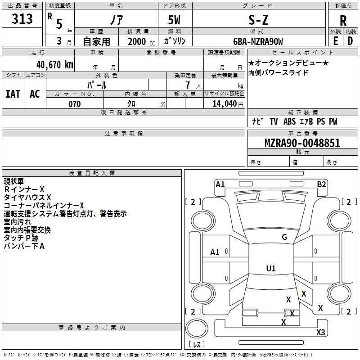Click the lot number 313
(22, 19)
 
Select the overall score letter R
(343, 20)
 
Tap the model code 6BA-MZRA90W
(258, 41)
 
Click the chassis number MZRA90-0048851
(302, 144)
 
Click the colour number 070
(74, 104)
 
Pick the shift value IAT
(13, 94)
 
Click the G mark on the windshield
(284, 237)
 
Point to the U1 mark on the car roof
(270, 269)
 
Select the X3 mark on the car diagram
(320, 333)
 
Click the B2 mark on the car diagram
(321, 184)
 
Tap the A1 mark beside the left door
(215, 252)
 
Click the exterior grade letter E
(335, 41)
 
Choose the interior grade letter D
(350, 41)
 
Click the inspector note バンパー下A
(24, 246)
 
